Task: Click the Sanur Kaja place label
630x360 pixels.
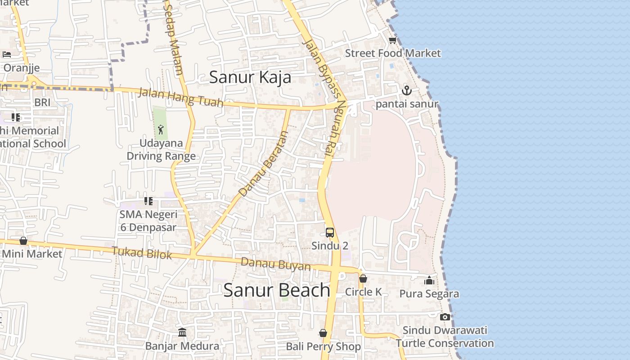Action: click(250, 77)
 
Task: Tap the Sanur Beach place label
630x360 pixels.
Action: click(277, 290)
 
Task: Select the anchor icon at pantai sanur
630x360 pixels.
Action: click(406, 90)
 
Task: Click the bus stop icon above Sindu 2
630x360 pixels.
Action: click(330, 233)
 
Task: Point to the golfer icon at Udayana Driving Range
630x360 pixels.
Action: click(161, 130)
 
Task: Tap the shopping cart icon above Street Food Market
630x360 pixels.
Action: click(392, 40)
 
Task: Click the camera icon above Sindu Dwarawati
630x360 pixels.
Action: click(445, 317)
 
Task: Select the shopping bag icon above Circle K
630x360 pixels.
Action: click(363, 279)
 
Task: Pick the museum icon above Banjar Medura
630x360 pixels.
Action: click(182, 333)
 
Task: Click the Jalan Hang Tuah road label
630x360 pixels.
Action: click(180, 98)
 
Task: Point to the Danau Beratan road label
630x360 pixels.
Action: click(263, 164)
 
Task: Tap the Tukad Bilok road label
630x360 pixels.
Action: click(142, 253)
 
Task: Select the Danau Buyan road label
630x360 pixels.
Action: click(275, 264)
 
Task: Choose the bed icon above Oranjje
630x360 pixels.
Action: click(7, 54)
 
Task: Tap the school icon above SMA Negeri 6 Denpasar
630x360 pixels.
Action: click(148, 201)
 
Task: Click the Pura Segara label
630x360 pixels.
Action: click(429, 294)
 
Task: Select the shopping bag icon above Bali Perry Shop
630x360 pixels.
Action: click(323, 333)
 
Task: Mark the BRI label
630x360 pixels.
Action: click(42, 103)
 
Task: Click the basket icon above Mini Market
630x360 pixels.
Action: click(23, 241)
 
